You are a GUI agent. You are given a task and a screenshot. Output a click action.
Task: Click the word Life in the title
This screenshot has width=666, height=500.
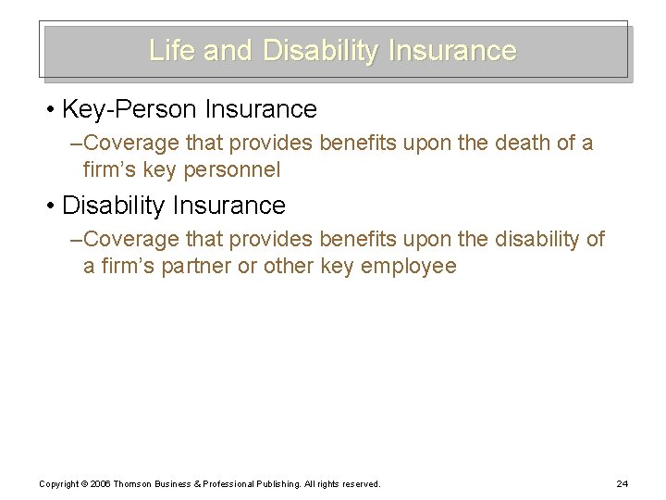point(172,50)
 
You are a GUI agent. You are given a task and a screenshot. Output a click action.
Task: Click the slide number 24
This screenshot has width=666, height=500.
point(621,484)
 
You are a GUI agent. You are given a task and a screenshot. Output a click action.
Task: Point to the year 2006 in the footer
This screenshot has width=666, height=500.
point(100,484)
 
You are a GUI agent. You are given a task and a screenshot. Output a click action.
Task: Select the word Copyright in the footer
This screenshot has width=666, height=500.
point(58,484)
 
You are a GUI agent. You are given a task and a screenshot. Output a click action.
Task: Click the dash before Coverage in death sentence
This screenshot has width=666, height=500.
point(76,144)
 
